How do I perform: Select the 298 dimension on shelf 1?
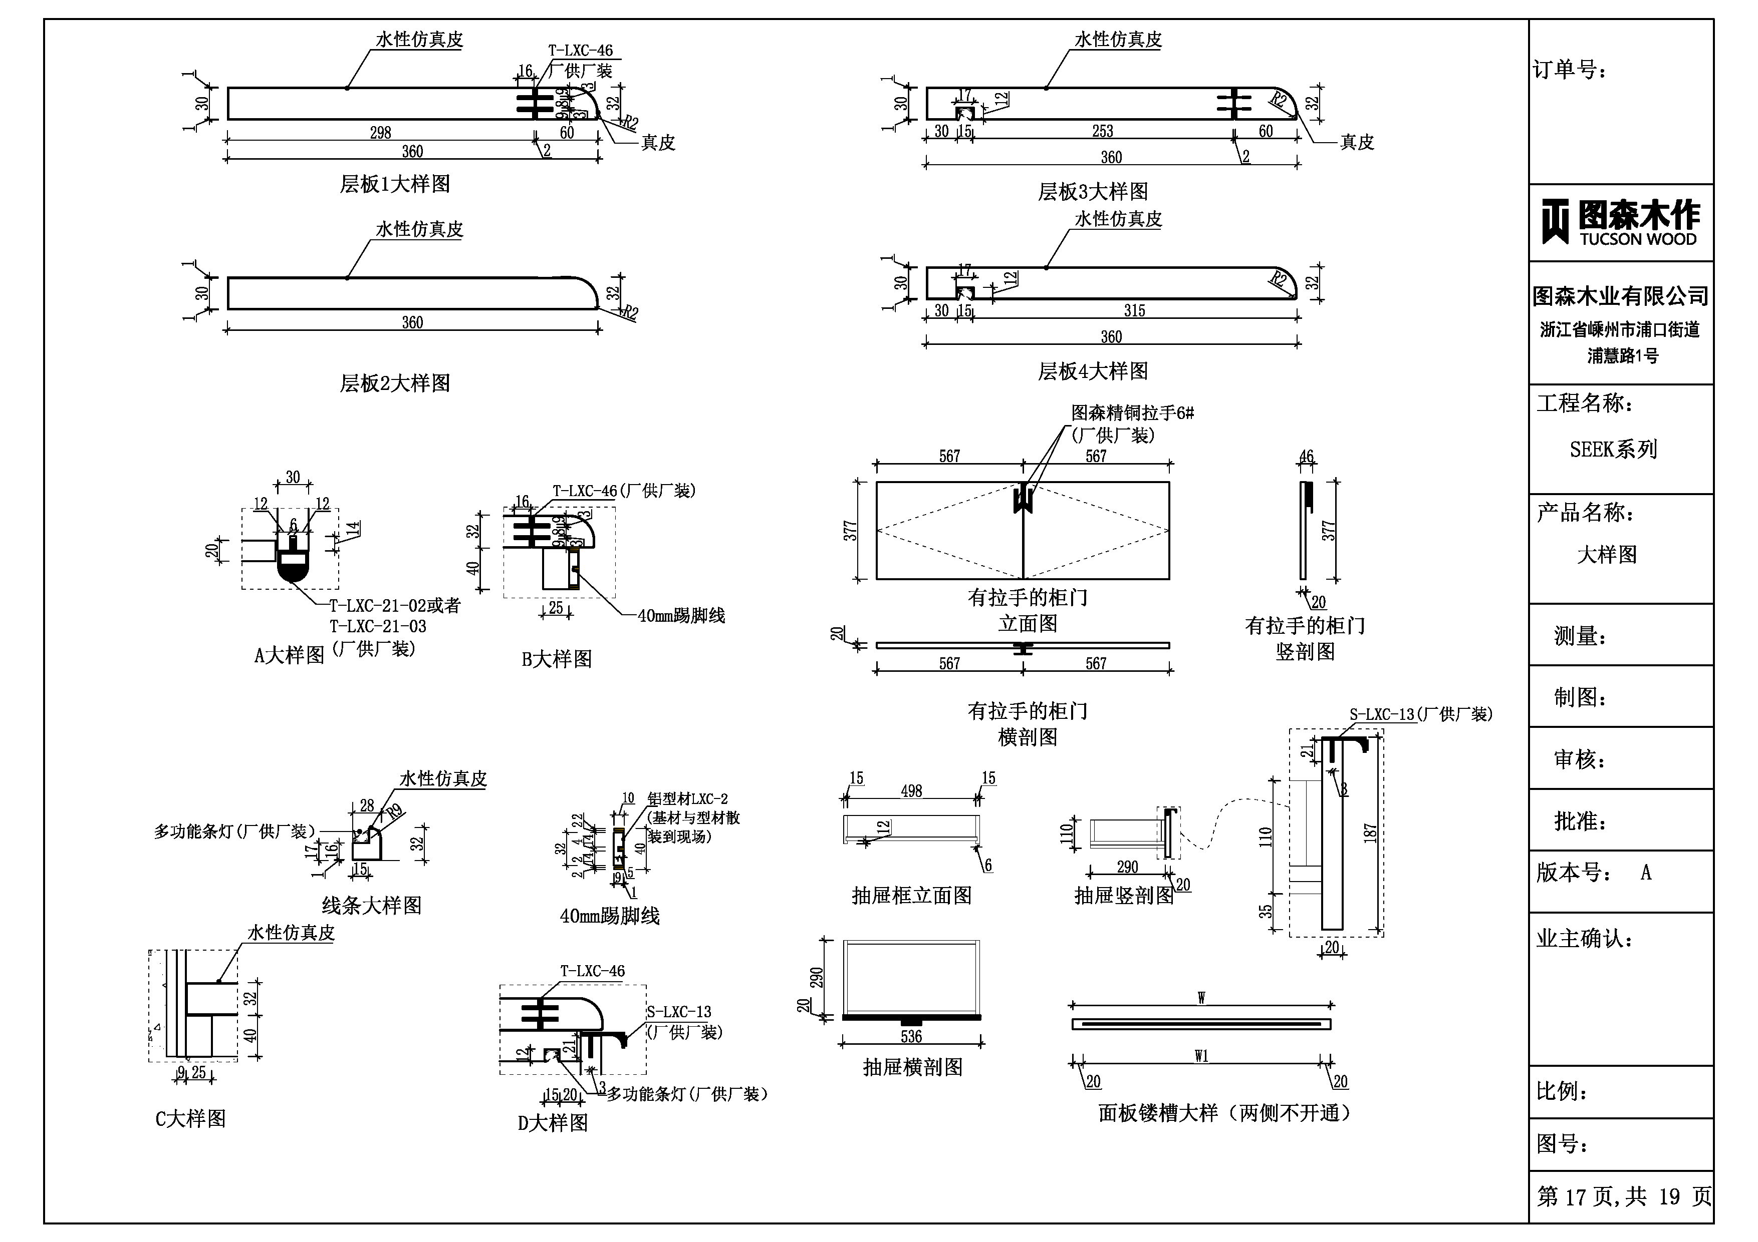pyautogui.click(x=381, y=132)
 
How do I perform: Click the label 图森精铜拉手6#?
pyautogui.click(x=1132, y=413)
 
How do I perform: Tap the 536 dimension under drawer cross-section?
pyautogui.click(x=911, y=1037)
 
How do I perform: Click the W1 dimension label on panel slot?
pyautogui.click(x=1201, y=1057)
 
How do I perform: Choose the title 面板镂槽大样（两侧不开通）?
pyautogui.click(x=1224, y=1113)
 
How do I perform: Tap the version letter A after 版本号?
pyautogui.click(x=1645, y=873)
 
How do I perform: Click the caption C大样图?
pyautogui.click(x=191, y=1119)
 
